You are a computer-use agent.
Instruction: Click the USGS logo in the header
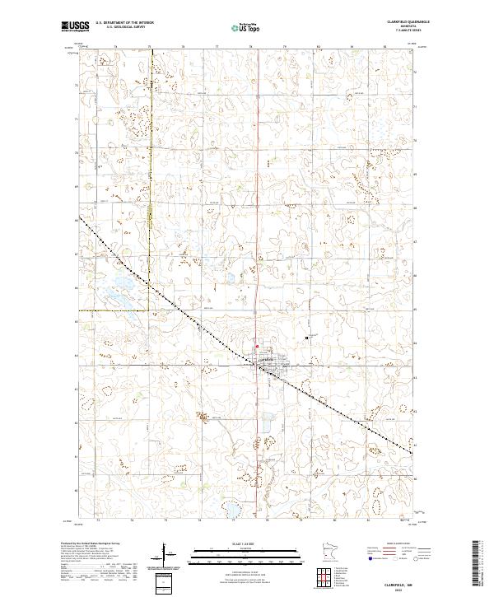click(75, 26)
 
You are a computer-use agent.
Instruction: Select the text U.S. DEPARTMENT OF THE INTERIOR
click(124, 23)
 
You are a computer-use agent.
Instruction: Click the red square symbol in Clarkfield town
click(255, 347)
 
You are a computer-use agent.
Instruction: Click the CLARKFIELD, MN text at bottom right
click(409, 583)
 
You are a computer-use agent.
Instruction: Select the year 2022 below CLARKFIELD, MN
click(409, 590)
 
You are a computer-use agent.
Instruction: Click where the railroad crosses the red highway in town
click(260, 367)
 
